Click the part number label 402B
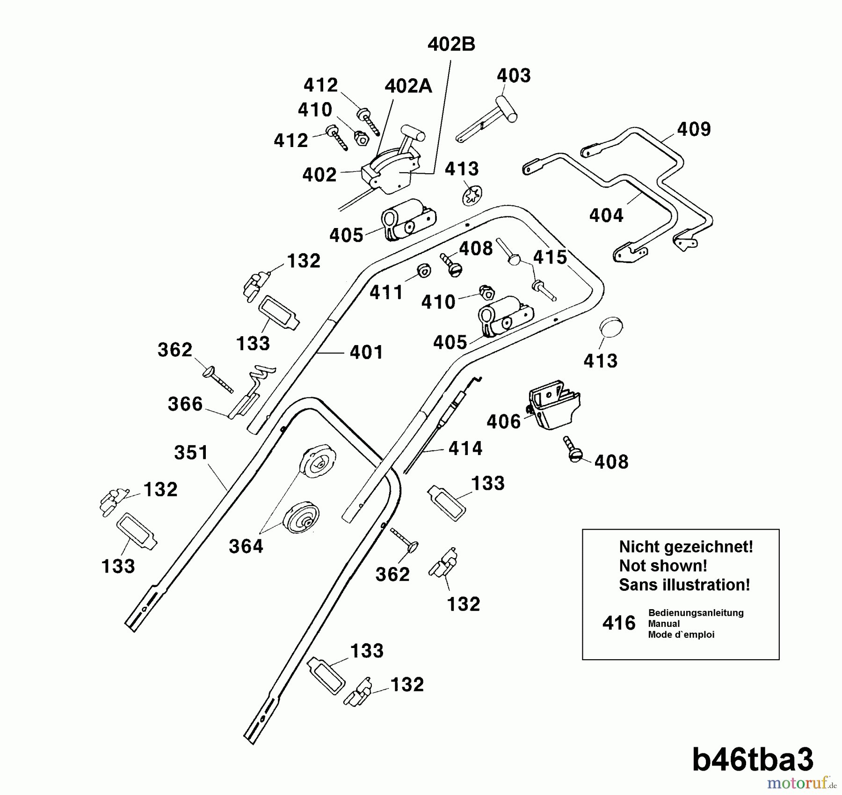point(451,44)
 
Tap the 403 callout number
point(513,76)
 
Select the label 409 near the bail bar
point(693,130)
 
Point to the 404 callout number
point(606,216)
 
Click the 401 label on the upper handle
point(366,353)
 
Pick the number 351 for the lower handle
point(191,453)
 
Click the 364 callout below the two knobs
point(246,546)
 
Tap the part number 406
point(503,422)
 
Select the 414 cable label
point(465,449)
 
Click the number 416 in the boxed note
point(618,624)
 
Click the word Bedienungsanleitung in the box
point(696,613)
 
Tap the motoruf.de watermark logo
point(801,783)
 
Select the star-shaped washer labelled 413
point(472,195)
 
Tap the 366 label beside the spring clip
point(185,404)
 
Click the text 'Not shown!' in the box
point(662,566)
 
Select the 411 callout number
point(386,293)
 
